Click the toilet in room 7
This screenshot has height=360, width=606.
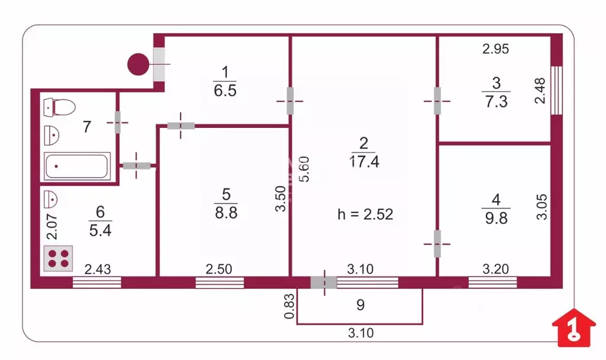pyautogui.click(x=59, y=108)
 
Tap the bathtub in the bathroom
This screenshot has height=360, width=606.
pyautogui.click(x=77, y=166)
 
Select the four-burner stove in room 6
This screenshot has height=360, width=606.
pyautogui.click(x=58, y=258)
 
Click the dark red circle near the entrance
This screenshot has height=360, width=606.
pyautogui.click(x=138, y=64)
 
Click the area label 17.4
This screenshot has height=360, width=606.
pyautogui.click(x=365, y=161)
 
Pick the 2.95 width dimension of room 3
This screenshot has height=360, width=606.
pyautogui.click(x=495, y=50)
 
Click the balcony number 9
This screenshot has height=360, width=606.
pyautogui.click(x=360, y=306)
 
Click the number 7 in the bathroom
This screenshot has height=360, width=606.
pyautogui.click(x=87, y=126)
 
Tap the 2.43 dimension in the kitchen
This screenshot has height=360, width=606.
pyautogui.click(x=98, y=269)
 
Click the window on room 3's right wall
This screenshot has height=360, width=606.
pyautogui.click(x=556, y=89)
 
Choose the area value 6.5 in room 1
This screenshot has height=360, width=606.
pyautogui.click(x=225, y=91)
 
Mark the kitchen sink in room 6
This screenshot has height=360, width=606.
pyautogui.click(x=51, y=199)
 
